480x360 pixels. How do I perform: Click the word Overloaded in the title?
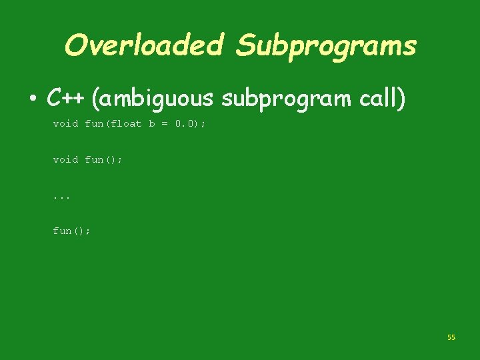(144, 45)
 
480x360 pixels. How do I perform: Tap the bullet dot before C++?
(32, 100)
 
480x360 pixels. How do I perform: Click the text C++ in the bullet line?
(65, 99)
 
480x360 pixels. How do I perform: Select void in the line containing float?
(65, 124)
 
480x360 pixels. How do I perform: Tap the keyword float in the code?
(127, 124)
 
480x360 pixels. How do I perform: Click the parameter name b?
(152, 124)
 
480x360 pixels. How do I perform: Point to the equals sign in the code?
(164, 124)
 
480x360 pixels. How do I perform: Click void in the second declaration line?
(65, 159)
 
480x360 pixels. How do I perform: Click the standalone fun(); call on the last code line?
(71, 231)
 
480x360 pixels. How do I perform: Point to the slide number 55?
(451, 338)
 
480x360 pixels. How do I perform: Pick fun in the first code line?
(93, 124)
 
